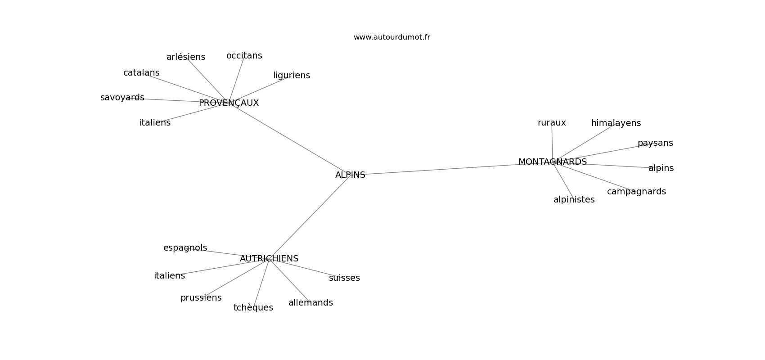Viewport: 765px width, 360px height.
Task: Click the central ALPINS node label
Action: coord(350,175)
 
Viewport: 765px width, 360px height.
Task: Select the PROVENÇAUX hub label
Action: coord(229,103)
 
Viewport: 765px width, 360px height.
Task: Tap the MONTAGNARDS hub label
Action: coord(552,162)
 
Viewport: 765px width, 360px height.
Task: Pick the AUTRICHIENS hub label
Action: coord(269,259)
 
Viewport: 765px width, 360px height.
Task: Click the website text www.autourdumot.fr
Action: coord(391,37)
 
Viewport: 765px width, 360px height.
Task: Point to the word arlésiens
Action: coord(185,57)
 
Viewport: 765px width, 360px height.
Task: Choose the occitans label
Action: coord(244,56)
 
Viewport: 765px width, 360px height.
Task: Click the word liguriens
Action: coord(291,76)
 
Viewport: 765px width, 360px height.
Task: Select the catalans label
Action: coord(141,73)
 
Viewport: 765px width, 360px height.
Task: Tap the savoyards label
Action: coord(122,98)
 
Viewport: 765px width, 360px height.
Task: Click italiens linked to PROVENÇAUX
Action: coord(155,123)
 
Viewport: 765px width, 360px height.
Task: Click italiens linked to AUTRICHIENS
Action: coord(169,276)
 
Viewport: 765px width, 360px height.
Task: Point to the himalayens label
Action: coord(616,123)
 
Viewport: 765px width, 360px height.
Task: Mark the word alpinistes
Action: coord(574,200)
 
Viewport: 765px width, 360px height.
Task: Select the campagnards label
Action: coord(636,192)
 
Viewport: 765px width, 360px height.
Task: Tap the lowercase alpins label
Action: coord(661,168)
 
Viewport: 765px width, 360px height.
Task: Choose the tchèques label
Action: coord(253,308)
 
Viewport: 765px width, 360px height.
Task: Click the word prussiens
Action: coord(201,298)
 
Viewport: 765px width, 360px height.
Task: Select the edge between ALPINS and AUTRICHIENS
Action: coord(310,216)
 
